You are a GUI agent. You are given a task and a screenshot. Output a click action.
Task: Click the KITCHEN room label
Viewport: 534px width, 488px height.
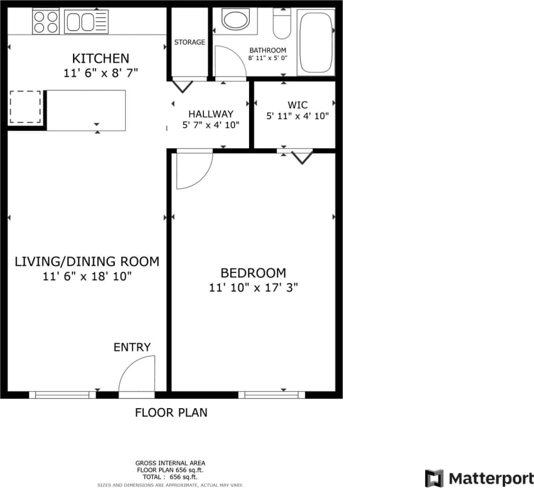click(x=100, y=58)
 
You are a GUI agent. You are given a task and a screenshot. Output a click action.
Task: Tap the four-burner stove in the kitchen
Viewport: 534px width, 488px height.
click(x=45, y=22)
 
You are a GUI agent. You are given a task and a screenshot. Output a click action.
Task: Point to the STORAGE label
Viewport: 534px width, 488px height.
click(x=189, y=42)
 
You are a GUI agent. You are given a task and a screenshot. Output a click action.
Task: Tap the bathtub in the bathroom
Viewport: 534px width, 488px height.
click(x=316, y=42)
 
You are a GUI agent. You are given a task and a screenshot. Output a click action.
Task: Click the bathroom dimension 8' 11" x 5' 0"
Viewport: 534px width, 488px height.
click(x=268, y=58)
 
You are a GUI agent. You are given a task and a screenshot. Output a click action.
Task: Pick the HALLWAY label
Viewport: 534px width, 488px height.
click(x=211, y=114)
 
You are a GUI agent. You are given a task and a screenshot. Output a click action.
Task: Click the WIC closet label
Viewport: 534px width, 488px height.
click(x=297, y=105)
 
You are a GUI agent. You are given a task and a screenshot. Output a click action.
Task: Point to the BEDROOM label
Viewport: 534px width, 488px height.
click(x=253, y=273)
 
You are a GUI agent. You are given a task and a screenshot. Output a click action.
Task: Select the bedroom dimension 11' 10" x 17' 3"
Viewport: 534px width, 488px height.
click(x=253, y=287)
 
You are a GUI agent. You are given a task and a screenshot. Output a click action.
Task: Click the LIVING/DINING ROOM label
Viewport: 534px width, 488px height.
click(x=87, y=261)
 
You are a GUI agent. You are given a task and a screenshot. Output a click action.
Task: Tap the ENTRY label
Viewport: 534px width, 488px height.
click(x=131, y=347)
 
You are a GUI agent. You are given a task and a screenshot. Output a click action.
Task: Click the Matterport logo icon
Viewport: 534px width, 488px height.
click(x=434, y=478)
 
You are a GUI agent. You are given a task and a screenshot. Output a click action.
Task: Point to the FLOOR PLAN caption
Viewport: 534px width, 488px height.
click(x=171, y=413)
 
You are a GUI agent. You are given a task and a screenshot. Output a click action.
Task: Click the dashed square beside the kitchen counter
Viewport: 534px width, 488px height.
click(x=25, y=107)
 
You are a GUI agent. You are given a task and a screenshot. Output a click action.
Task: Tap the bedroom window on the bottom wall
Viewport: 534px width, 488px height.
click(x=272, y=395)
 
